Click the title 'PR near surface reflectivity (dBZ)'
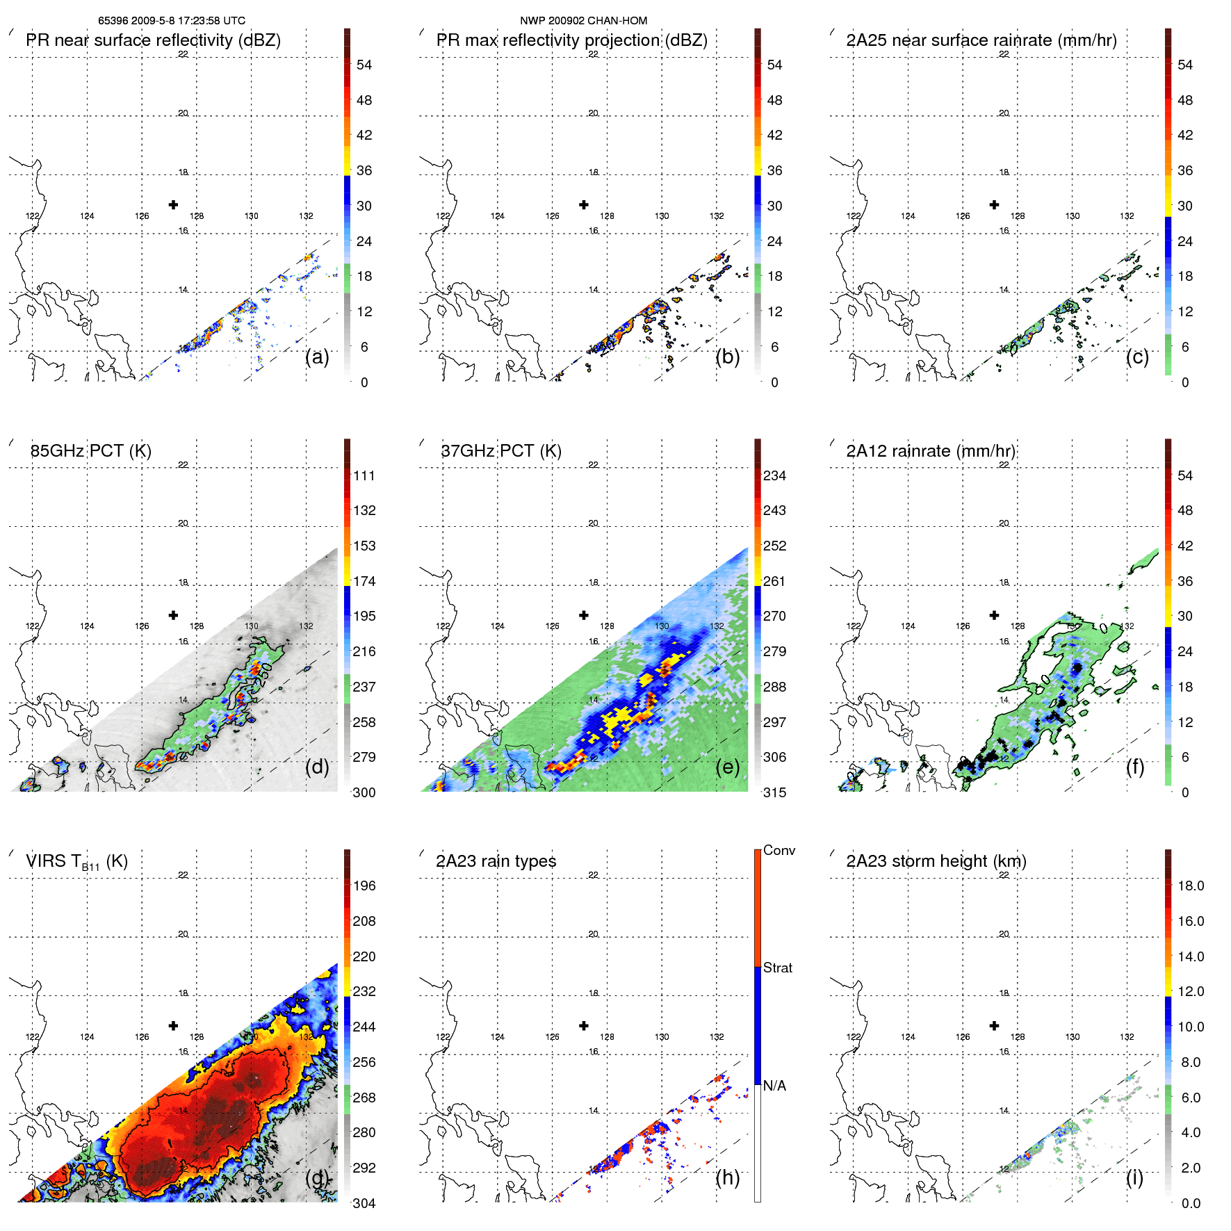click(153, 40)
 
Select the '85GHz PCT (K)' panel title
click(90, 451)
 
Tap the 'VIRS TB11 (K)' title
click(76, 862)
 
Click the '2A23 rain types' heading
click(496, 862)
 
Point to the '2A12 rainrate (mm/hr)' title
click(931, 451)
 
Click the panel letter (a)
click(317, 357)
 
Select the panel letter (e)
click(727, 767)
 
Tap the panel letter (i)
click(1134, 1177)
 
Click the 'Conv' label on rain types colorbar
click(779, 851)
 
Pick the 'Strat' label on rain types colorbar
click(778, 968)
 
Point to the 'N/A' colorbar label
click(774, 1086)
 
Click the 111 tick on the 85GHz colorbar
click(364, 476)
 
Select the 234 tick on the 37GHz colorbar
click(774, 476)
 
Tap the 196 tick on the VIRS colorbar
click(364, 886)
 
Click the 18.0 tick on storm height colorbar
click(1191, 886)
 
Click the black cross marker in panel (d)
click(173, 615)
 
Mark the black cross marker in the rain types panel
click(584, 1025)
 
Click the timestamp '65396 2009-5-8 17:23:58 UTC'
click(172, 21)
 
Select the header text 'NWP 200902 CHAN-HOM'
click(584, 21)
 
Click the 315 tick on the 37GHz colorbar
click(774, 793)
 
